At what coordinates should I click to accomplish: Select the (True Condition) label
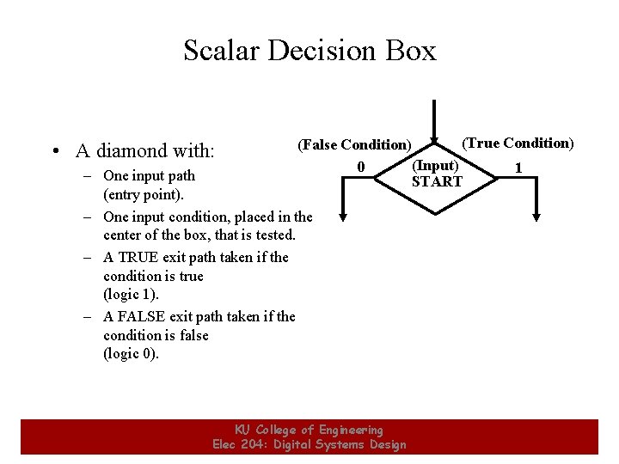tap(518, 143)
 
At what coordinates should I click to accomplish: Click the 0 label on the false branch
tap(361, 166)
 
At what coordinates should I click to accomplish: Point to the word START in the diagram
tap(437, 181)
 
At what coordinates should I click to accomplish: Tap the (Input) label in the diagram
tap(436, 165)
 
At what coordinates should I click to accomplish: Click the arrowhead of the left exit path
tap(343, 216)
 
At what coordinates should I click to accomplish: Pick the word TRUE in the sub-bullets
tap(142, 257)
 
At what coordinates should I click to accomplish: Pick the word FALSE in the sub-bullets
tap(144, 316)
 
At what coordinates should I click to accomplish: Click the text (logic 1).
tap(131, 295)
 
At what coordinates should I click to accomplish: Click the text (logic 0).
tap(131, 354)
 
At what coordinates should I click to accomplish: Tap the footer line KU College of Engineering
tap(309, 430)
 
